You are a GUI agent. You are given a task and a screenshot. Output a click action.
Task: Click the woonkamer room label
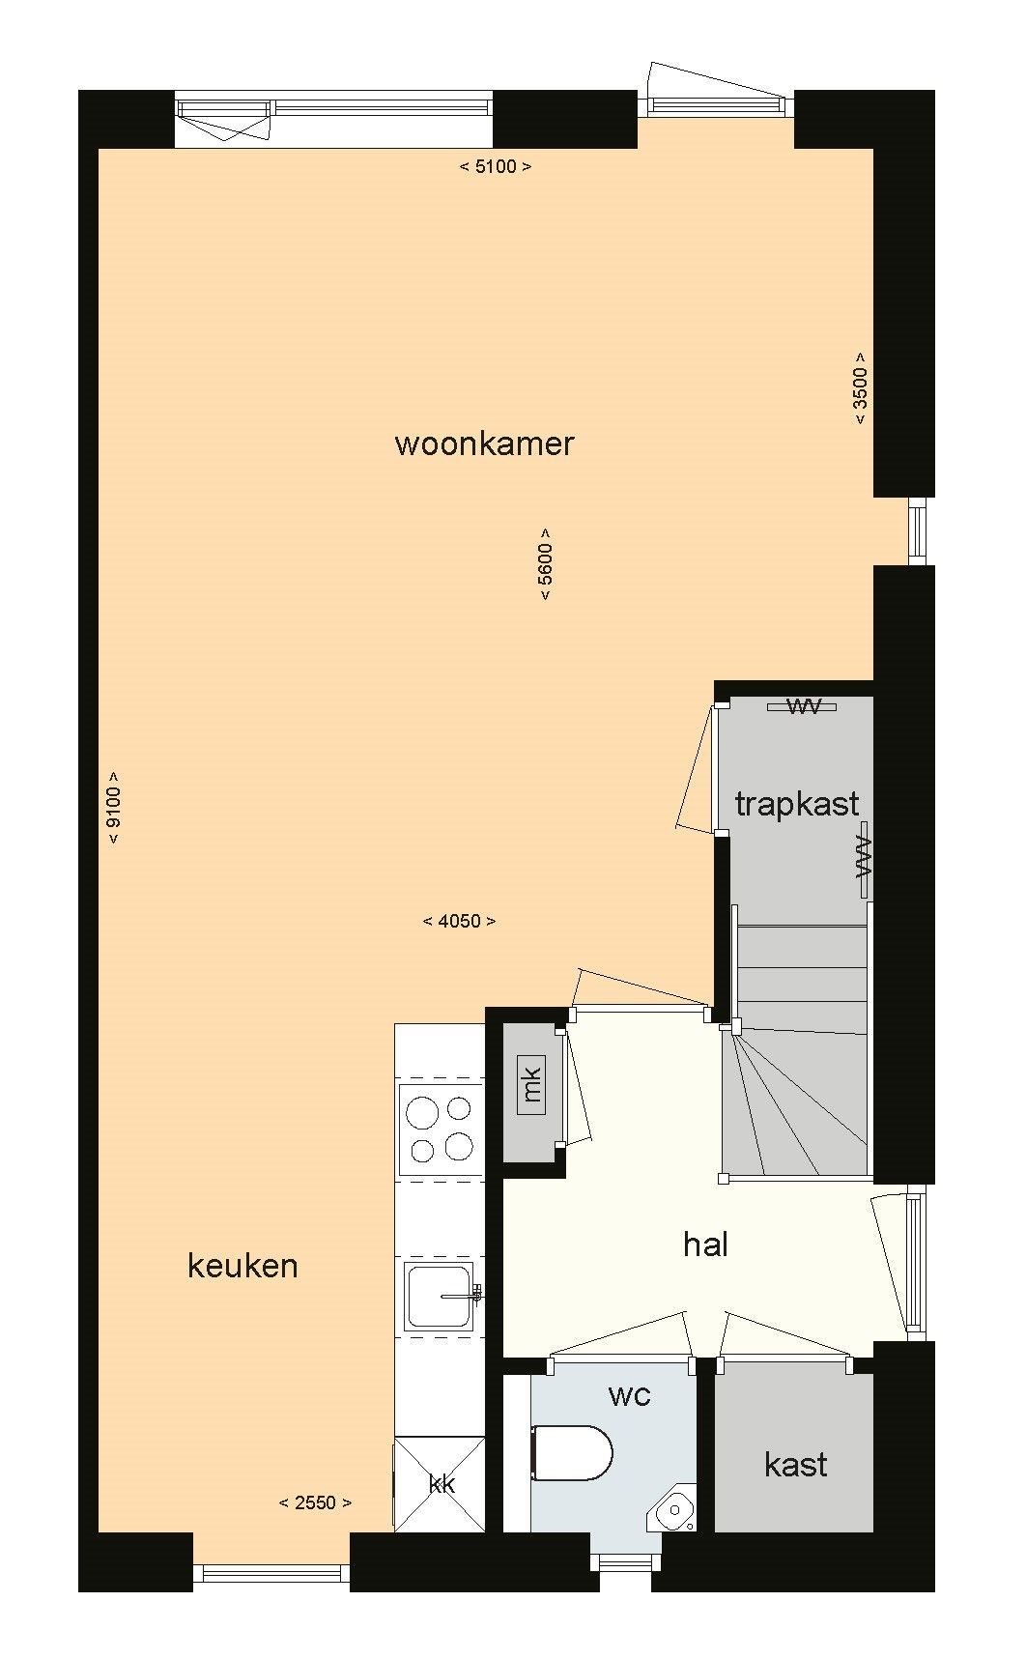[x=484, y=444]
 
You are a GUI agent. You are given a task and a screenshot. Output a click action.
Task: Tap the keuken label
[x=242, y=1266]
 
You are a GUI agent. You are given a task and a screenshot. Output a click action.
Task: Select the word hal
[x=705, y=1244]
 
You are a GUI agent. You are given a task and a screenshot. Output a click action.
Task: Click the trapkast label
[x=796, y=803]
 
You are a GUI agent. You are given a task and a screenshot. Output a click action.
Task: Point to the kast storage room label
[x=795, y=1464]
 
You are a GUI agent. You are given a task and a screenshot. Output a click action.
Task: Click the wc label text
[x=629, y=1394]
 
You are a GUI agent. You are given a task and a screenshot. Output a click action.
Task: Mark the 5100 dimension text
[x=495, y=166]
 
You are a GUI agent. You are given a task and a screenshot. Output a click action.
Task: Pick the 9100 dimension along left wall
[x=114, y=808]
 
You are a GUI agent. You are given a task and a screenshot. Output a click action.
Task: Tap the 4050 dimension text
[x=459, y=921]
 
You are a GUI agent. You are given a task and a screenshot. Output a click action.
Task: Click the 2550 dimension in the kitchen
[x=315, y=1502]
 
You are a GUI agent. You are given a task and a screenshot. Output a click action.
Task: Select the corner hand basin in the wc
[x=673, y=1508]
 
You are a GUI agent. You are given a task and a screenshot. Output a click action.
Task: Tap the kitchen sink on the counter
[x=440, y=1295]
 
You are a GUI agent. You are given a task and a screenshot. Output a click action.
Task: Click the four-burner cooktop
[x=441, y=1128]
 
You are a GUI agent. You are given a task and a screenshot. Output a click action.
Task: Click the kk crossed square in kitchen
[x=441, y=1484]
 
